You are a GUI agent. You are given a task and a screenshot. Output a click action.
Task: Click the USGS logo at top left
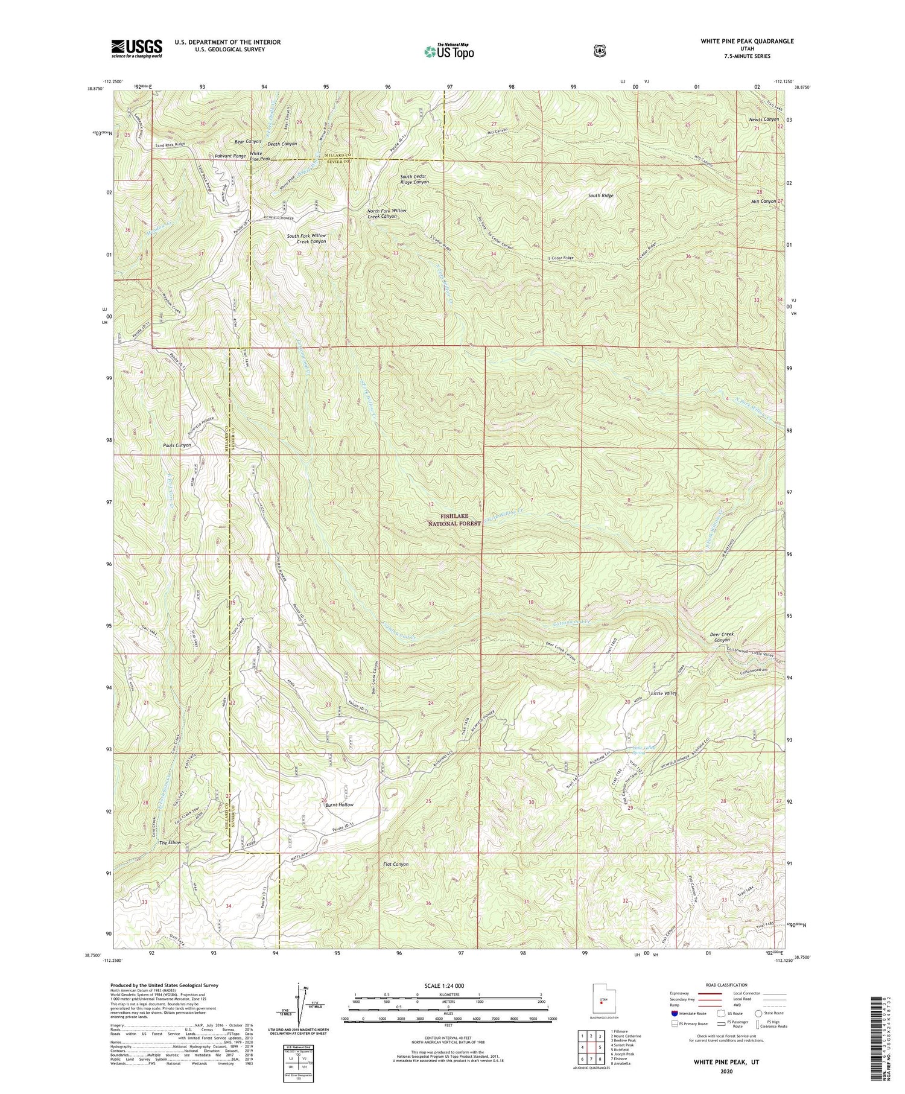click(136, 48)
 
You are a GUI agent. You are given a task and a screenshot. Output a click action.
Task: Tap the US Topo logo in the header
click(449, 51)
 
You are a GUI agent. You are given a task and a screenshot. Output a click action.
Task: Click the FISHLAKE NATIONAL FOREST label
click(460, 520)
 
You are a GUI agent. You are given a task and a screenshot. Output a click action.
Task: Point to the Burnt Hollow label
click(340, 805)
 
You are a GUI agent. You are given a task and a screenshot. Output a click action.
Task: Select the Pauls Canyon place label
click(177, 445)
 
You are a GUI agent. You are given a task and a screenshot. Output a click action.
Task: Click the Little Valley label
click(664, 693)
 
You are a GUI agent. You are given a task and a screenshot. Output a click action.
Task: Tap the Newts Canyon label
click(764, 119)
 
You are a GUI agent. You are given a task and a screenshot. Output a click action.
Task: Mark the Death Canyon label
click(282, 144)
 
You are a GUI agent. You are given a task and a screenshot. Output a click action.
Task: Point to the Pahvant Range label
click(230, 156)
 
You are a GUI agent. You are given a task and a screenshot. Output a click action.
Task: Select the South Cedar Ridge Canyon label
click(414, 179)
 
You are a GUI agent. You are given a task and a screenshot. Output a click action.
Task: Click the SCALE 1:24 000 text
click(447, 986)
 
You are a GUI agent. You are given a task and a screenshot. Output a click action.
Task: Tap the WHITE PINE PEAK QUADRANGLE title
click(738, 41)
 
